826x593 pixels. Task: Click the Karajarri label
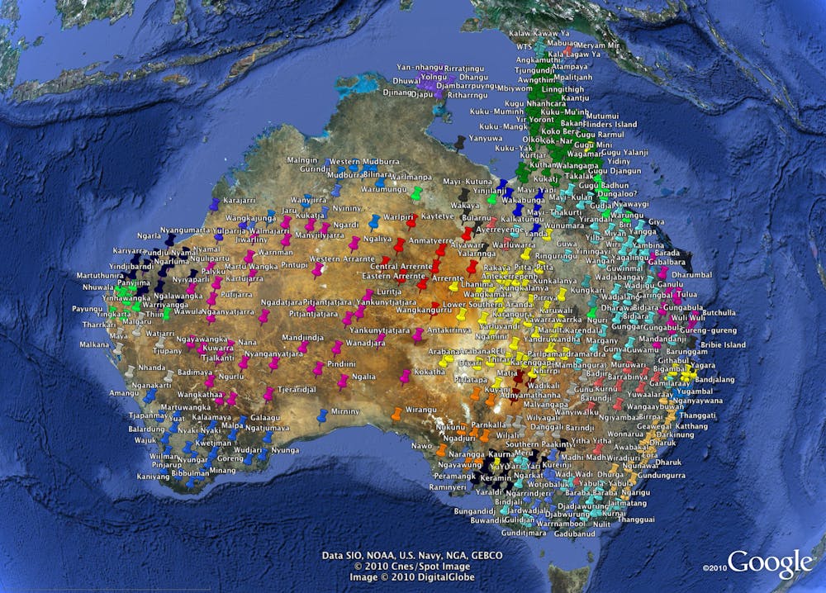coord(240,201)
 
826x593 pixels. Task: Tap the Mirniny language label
coord(345,410)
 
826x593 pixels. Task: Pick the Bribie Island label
coord(724,344)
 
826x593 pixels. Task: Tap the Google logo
coord(769,563)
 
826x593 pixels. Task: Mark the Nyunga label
coord(285,450)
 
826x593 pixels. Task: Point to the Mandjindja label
coord(303,337)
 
